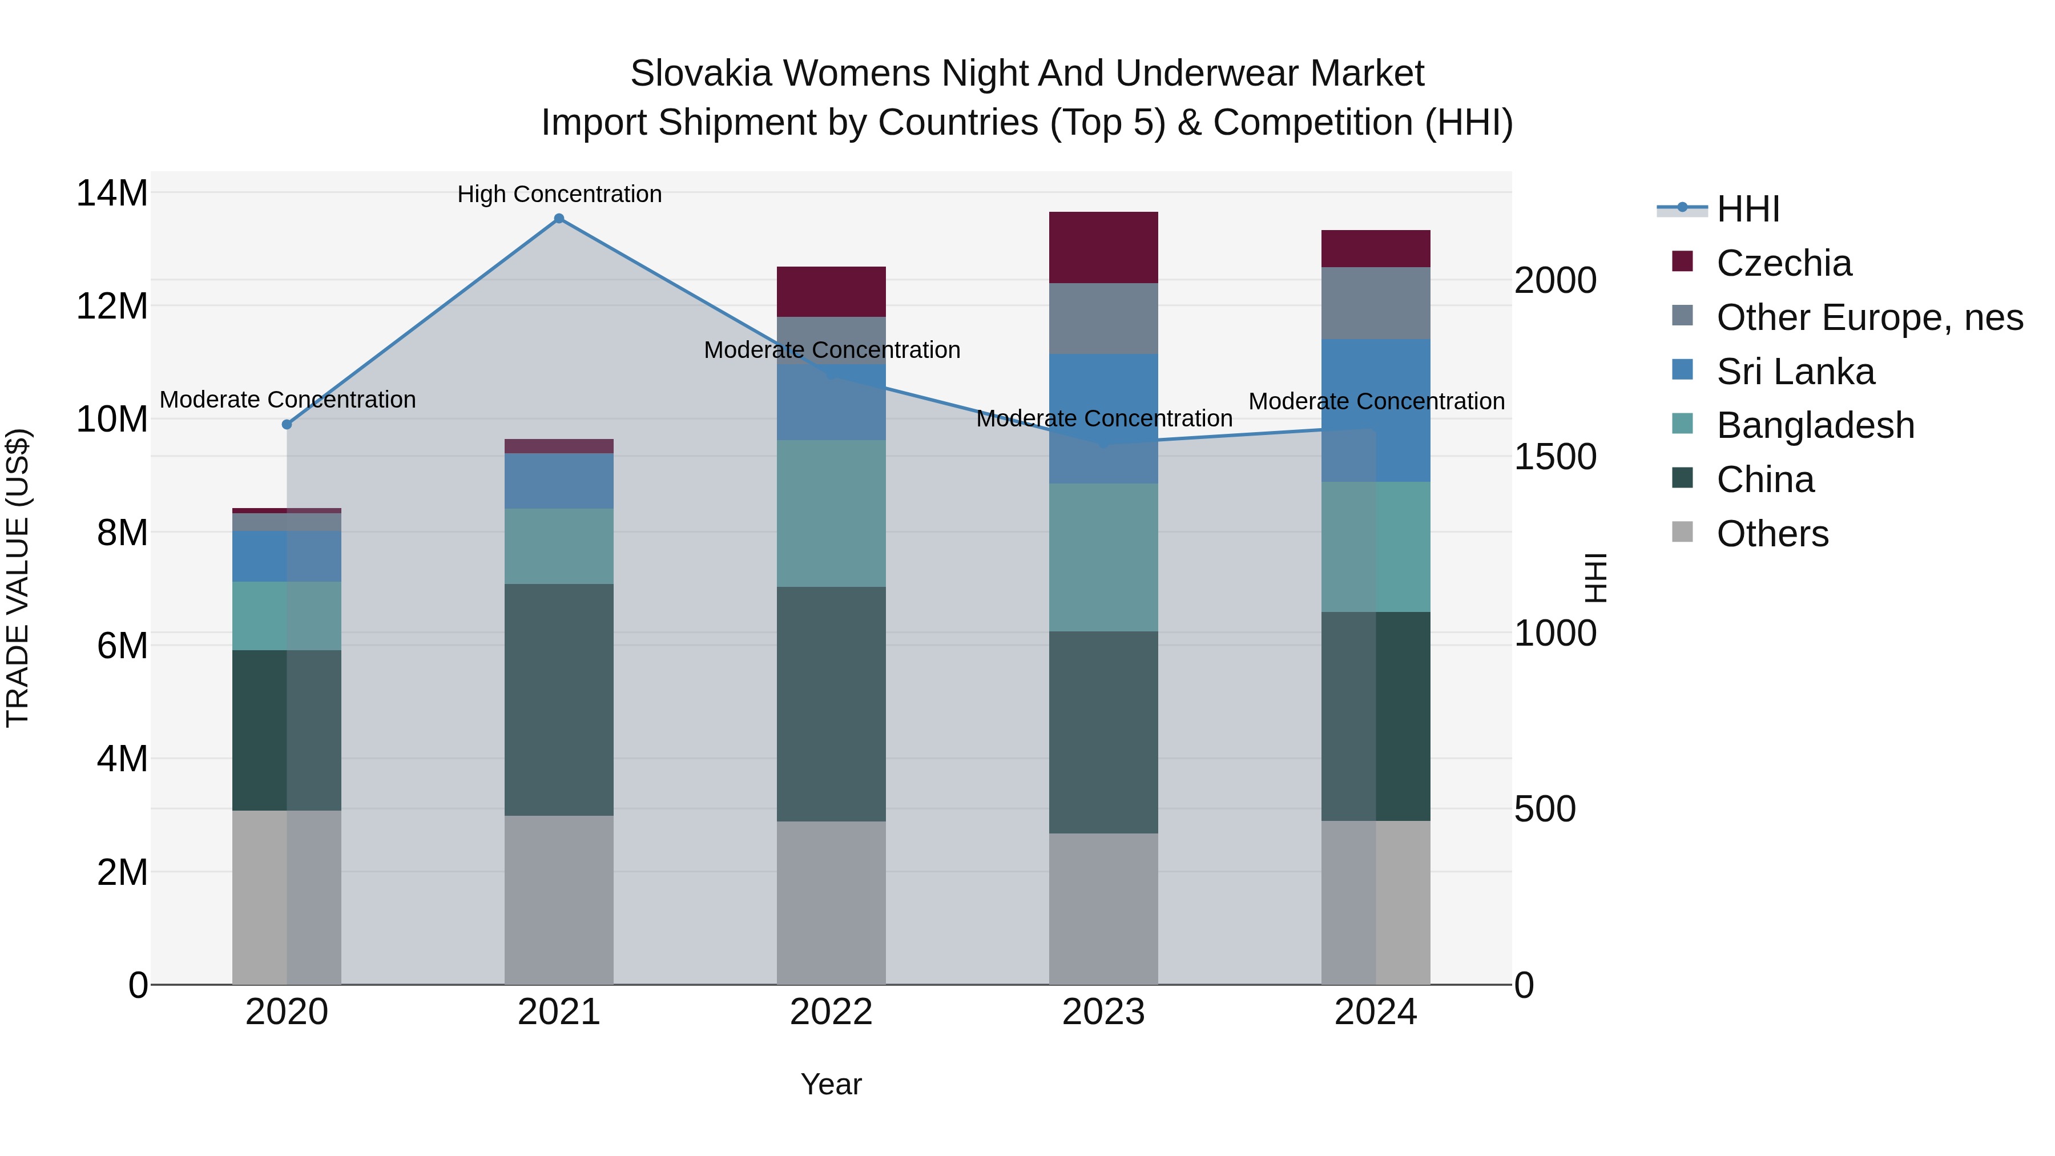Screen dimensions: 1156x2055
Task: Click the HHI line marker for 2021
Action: (559, 219)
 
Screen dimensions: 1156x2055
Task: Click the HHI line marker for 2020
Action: (287, 424)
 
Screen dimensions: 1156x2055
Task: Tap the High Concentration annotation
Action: (559, 194)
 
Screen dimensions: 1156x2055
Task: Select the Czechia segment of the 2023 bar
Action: (1103, 247)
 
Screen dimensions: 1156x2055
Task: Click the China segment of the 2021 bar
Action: (559, 700)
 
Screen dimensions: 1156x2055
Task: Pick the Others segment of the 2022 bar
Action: (831, 903)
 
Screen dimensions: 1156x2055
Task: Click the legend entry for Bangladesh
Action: (1815, 425)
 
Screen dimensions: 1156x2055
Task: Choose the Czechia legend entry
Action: (1784, 263)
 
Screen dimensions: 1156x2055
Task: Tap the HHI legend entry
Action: (1747, 209)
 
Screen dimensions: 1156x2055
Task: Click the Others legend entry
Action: (1772, 534)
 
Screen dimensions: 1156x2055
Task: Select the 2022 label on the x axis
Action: (831, 1012)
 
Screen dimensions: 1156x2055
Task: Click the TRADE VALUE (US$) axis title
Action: (18, 578)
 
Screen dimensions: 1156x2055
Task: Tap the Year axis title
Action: (831, 1084)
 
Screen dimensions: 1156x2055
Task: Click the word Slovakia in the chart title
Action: (700, 74)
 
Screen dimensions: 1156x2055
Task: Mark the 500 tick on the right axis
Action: (1545, 809)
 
